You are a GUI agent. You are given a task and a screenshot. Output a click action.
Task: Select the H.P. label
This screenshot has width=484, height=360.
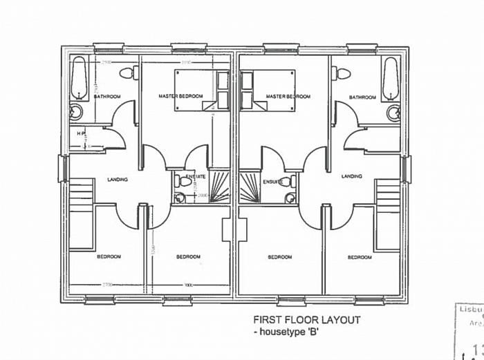coord(81,134)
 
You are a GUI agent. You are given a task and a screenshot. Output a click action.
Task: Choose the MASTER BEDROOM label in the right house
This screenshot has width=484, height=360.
coord(287,97)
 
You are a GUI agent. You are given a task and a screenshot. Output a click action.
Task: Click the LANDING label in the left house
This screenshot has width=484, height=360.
coord(118,180)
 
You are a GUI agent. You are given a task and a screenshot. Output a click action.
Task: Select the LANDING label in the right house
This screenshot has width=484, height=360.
coord(351,177)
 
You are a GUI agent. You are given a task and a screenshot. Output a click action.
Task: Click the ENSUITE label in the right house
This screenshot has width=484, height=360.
coord(274,182)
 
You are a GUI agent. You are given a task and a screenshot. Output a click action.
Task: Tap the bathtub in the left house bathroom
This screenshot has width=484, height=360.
coord(78,76)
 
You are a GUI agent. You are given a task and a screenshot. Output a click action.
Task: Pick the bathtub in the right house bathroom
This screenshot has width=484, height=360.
coord(391,77)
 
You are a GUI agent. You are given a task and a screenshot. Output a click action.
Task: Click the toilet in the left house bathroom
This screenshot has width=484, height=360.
coord(128,72)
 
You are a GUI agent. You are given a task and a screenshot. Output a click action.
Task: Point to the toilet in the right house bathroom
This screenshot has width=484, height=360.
coord(342,73)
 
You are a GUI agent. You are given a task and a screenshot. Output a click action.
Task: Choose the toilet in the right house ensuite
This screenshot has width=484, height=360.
coord(293,182)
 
